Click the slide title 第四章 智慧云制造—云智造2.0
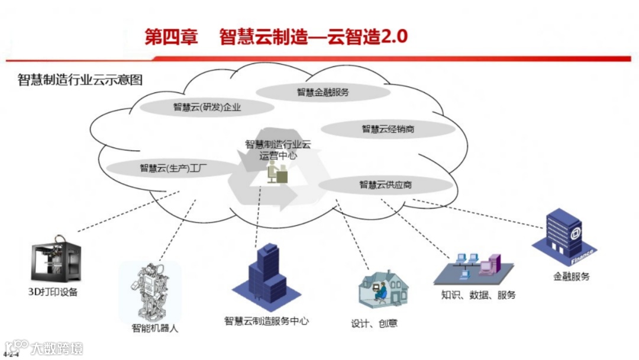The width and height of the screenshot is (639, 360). pos(276,37)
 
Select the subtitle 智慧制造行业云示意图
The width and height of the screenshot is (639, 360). pos(80,80)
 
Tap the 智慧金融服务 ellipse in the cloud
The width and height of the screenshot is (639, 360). pos(322,92)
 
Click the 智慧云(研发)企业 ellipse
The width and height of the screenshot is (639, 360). pos(207,107)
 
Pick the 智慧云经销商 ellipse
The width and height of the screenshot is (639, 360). pos(388,129)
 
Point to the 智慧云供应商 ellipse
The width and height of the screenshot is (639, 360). pos(385,185)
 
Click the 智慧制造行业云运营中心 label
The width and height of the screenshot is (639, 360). pos(277,150)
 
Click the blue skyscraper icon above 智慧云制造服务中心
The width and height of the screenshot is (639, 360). pos(267,277)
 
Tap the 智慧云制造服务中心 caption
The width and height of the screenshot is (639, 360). pos(266,321)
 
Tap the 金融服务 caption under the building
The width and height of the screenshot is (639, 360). pos(571,276)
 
